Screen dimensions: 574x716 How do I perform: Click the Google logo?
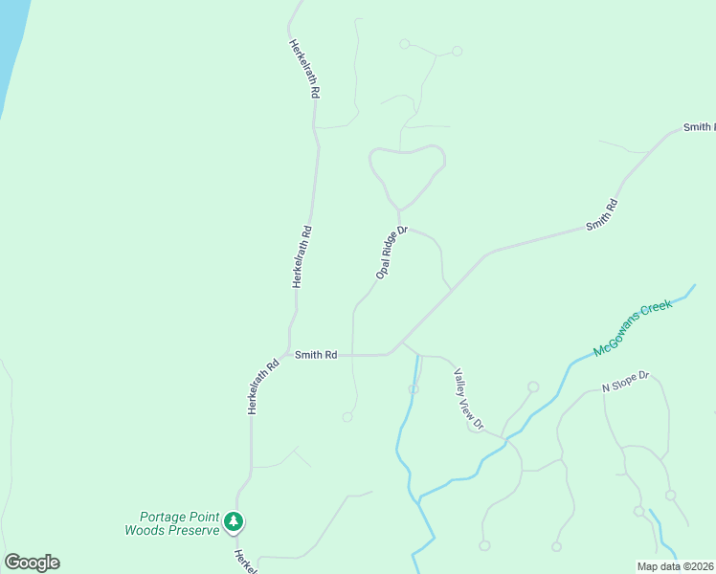tap(32, 563)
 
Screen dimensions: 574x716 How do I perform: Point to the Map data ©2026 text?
tap(676, 566)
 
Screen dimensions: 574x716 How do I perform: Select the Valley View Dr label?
tap(469, 398)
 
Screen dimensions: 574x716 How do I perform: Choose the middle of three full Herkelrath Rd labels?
tap(302, 256)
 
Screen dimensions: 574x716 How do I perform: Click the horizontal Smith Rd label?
tap(316, 355)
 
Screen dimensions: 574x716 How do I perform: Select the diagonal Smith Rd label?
tap(602, 215)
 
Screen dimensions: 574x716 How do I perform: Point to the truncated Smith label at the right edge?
tap(699, 127)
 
